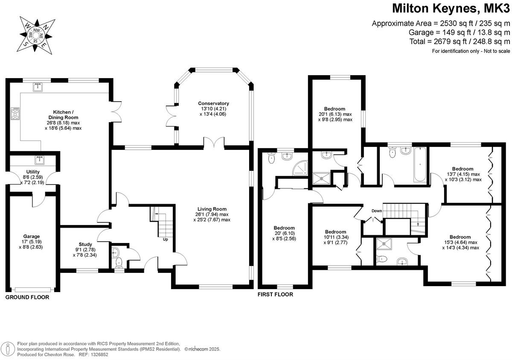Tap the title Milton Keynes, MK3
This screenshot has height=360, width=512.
451,9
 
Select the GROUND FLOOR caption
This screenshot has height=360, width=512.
27,297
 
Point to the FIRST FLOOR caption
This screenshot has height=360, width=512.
275,295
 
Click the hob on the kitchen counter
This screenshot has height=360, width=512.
15,114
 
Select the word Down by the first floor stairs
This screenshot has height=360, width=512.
376,211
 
